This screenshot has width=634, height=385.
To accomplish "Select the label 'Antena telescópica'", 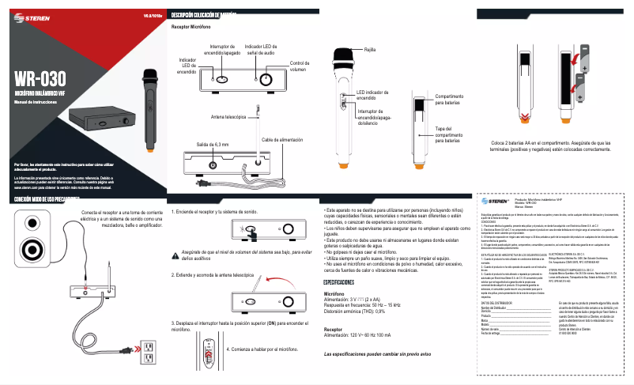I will tap(228, 116).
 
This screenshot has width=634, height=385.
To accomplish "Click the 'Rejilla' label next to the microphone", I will tap(369, 50).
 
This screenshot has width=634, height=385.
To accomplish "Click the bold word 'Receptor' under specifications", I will tap(338, 328).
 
